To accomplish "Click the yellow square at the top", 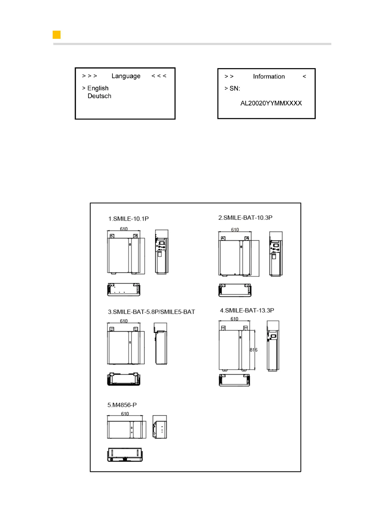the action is click(56, 35).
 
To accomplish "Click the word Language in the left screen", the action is click(126, 76).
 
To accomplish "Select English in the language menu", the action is click(98, 88).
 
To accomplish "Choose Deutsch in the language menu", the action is click(99, 96).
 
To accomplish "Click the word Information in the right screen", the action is click(269, 77).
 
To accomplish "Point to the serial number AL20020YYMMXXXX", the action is click(271, 103).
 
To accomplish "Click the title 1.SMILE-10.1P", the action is click(128, 219).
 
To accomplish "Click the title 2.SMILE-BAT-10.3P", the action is click(245, 218).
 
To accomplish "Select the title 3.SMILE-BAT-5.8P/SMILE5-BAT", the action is click(151, 312).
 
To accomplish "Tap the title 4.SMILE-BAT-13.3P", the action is click(247, 310).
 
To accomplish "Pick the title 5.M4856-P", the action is click(122, 405).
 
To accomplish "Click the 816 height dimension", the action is click(253, 350).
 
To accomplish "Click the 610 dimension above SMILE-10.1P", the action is click(124, 229).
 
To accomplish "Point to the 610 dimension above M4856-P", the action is click(125, 414).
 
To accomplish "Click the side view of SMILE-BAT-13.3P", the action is click(273, 346).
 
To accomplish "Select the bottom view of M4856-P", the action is click(125, 454).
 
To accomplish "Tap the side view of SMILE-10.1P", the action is click(161, 252).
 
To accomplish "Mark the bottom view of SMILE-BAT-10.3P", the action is click(235, 290).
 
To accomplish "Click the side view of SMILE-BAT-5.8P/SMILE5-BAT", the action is click(161, 344).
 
